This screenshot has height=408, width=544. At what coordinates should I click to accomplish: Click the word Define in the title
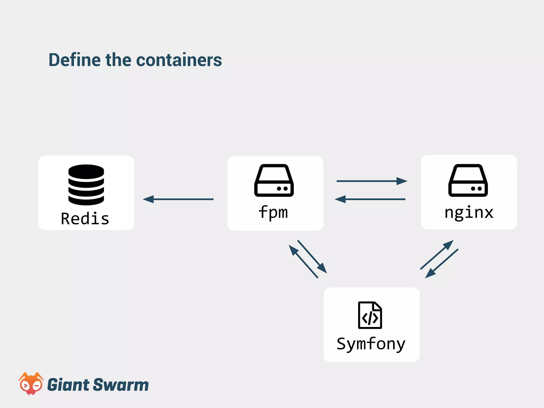click(74, 60)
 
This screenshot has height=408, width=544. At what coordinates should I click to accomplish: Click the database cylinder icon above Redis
click(86, 185)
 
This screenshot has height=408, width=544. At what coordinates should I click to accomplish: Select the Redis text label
click(85, 219)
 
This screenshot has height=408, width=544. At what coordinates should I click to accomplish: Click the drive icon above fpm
click(274, 180)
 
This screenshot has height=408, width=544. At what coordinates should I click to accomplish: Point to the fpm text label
click(273, 212)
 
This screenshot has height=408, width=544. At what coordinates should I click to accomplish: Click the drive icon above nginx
click(468, 180)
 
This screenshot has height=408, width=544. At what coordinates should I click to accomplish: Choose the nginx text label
click(469, 212)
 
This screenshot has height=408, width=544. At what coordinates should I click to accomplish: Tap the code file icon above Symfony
click(370, 315)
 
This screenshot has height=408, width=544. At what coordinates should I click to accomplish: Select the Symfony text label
click(371, 344)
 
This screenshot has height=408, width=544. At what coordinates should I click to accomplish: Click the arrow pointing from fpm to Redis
click(178, 199)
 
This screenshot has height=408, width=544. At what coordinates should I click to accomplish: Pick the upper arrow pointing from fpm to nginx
click(372, 181)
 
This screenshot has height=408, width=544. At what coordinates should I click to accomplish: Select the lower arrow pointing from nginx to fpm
click(370, 199)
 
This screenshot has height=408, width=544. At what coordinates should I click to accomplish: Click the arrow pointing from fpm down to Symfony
click(312, 257)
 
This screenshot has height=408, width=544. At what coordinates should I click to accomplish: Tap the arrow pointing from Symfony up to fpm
click(303, 261)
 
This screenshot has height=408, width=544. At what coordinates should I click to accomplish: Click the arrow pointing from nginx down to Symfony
click(442, 263)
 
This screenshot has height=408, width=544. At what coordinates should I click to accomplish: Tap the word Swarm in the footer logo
click(121, 385)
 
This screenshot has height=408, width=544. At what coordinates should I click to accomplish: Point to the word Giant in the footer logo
click(68, 385)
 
